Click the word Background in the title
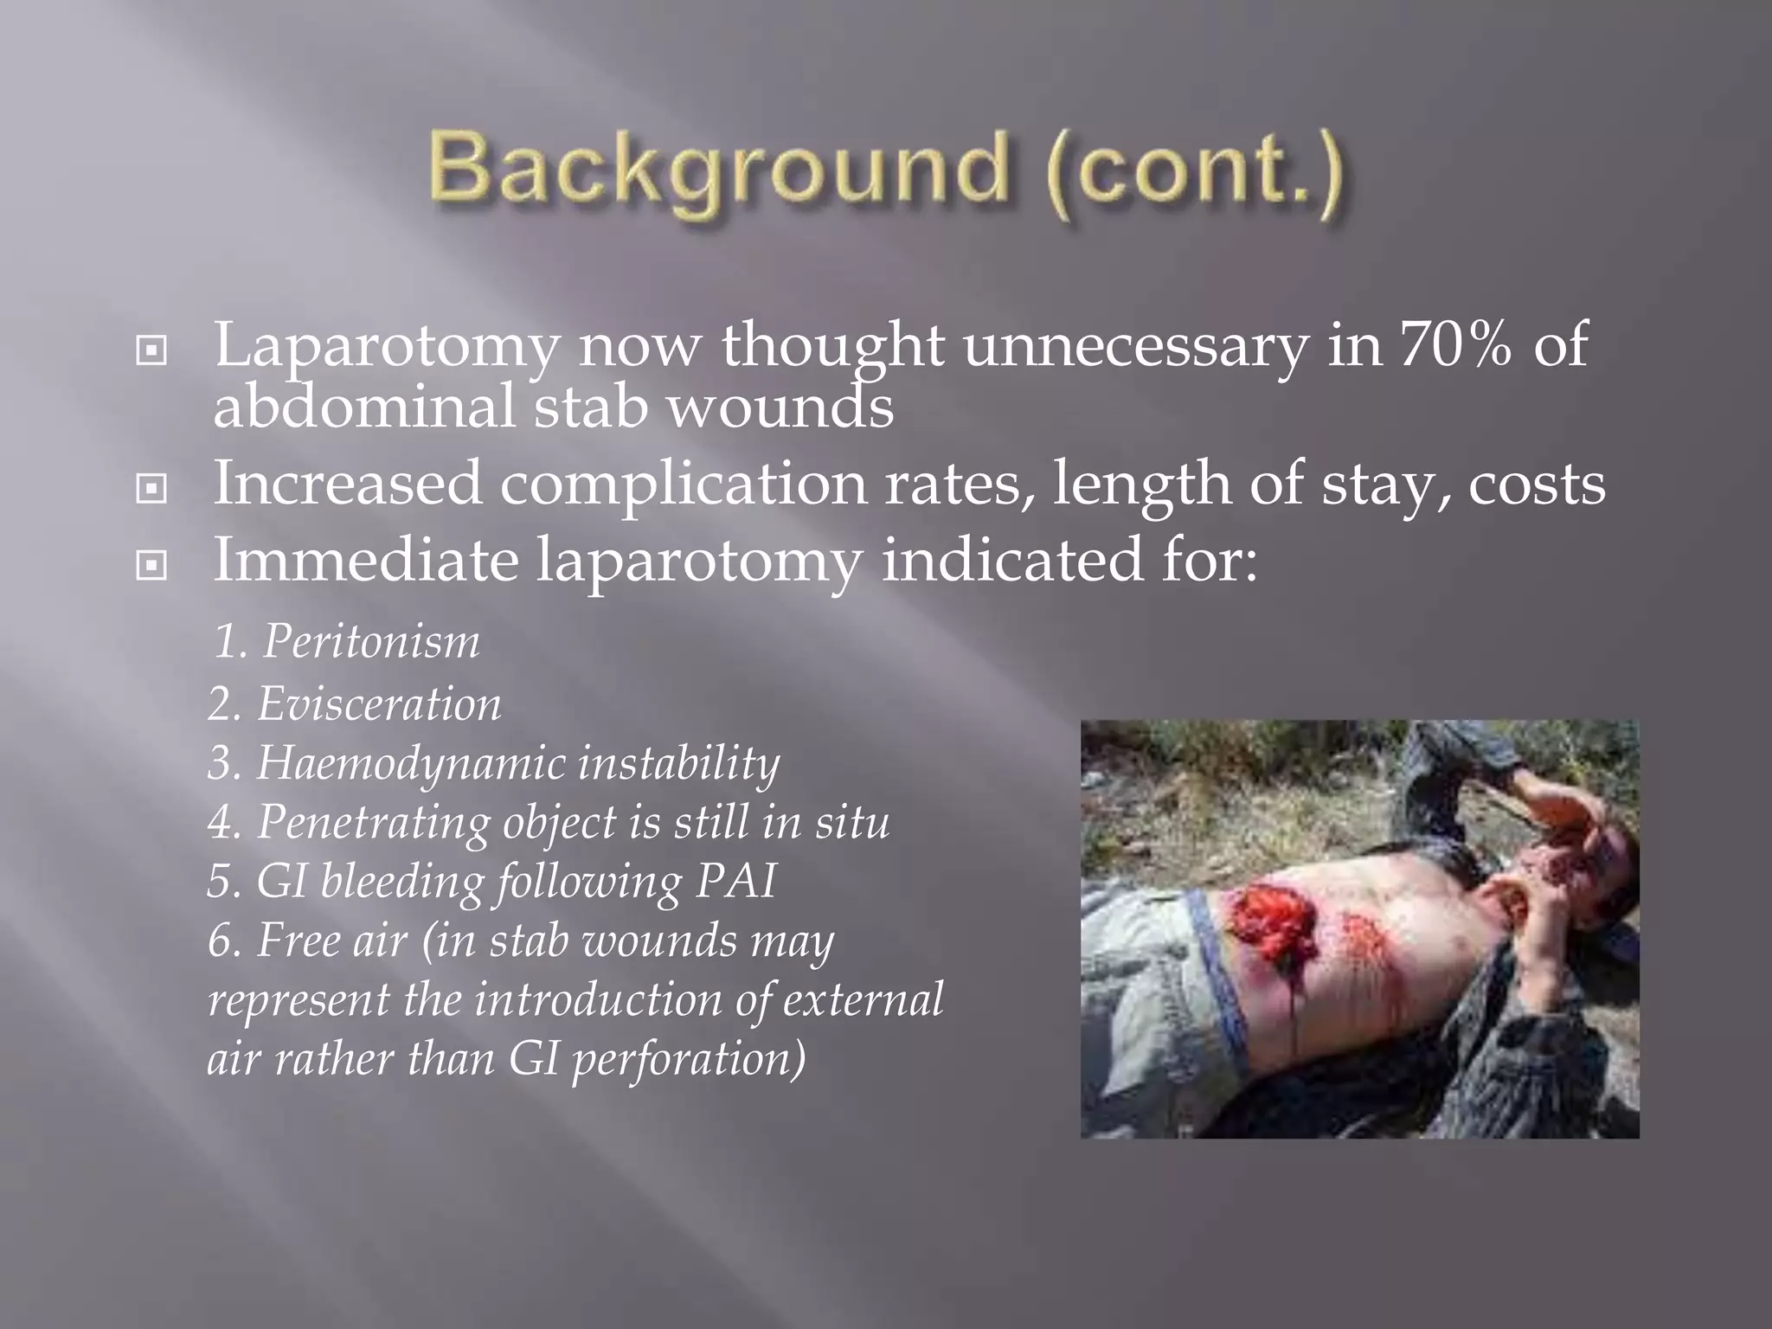coord(718,169)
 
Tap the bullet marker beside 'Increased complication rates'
coord(151,490)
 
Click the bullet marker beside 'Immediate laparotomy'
coord(151,566)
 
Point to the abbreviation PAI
coord(735,883)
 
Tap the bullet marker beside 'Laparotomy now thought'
coord(151,351)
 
